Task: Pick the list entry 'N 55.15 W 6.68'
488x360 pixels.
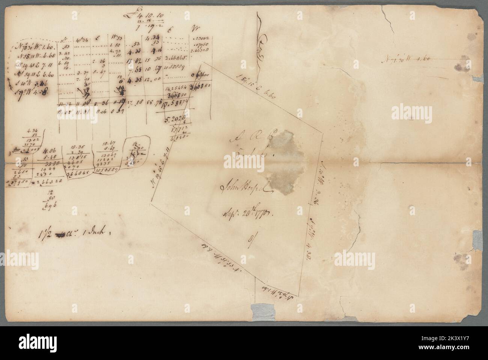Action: pos(31,57)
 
